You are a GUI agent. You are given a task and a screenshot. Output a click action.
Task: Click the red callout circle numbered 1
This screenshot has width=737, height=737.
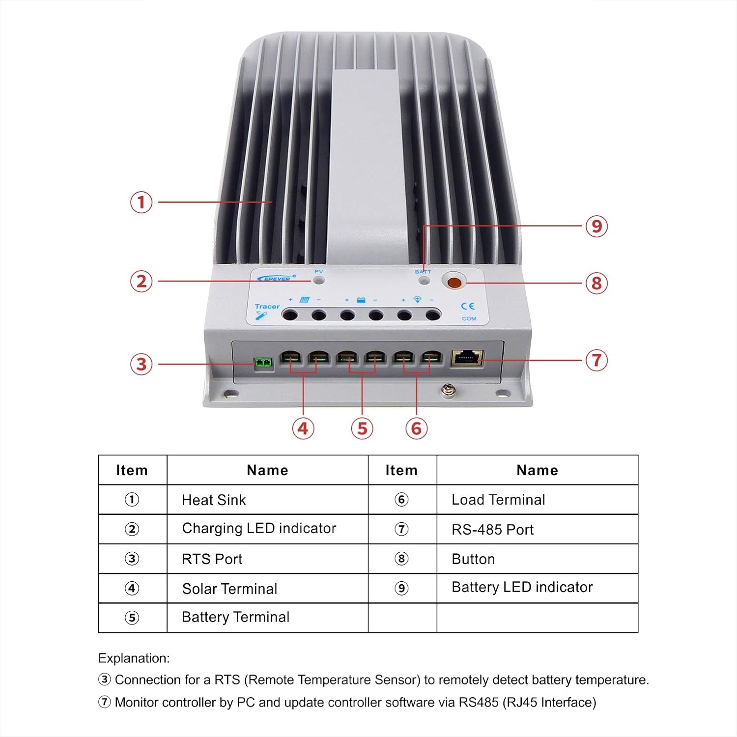[x=141, y=202]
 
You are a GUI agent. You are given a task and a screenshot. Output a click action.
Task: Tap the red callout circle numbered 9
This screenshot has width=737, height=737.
[x=596, y=226]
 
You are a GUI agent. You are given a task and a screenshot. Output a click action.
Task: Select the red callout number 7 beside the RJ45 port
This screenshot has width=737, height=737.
[x=596, y=360]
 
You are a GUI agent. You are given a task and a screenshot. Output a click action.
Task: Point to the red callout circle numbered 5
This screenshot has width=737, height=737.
[x=362, y=428]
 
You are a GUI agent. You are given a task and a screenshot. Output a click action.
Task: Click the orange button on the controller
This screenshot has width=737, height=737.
[x=454, y=283]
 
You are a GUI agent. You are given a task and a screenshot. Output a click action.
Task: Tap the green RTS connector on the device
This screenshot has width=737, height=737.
[x=263, y=364]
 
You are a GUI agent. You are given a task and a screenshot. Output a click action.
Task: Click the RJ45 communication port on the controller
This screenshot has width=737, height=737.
[x=466, y=358]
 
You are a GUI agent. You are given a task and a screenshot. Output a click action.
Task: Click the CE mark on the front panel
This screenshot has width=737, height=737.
[x=468, y=306]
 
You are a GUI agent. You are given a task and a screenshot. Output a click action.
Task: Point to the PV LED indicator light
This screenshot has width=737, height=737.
[x=319, y=280]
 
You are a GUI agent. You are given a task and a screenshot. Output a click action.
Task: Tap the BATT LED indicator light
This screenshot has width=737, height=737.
[x=424, y=281]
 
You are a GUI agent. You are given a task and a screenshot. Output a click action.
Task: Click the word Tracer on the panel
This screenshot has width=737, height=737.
[x=267, y=307]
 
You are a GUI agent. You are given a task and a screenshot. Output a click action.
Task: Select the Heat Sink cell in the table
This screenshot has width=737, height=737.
[x=214, y=500]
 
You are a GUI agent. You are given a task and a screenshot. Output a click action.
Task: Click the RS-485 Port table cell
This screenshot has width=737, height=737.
[x=492, y=529]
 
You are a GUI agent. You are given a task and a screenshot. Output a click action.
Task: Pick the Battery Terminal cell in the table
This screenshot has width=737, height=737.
[x=235, y=617]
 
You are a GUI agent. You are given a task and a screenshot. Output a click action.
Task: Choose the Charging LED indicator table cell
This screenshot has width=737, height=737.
[x=259, y=529]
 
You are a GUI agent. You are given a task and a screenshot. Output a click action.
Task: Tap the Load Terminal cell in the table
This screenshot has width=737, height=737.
[x=498, y=500]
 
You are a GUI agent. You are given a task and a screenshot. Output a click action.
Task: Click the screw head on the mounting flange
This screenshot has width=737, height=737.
[x=448, y=390]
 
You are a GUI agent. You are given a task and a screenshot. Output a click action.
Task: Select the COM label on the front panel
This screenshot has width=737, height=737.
[x=469, y=318]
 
